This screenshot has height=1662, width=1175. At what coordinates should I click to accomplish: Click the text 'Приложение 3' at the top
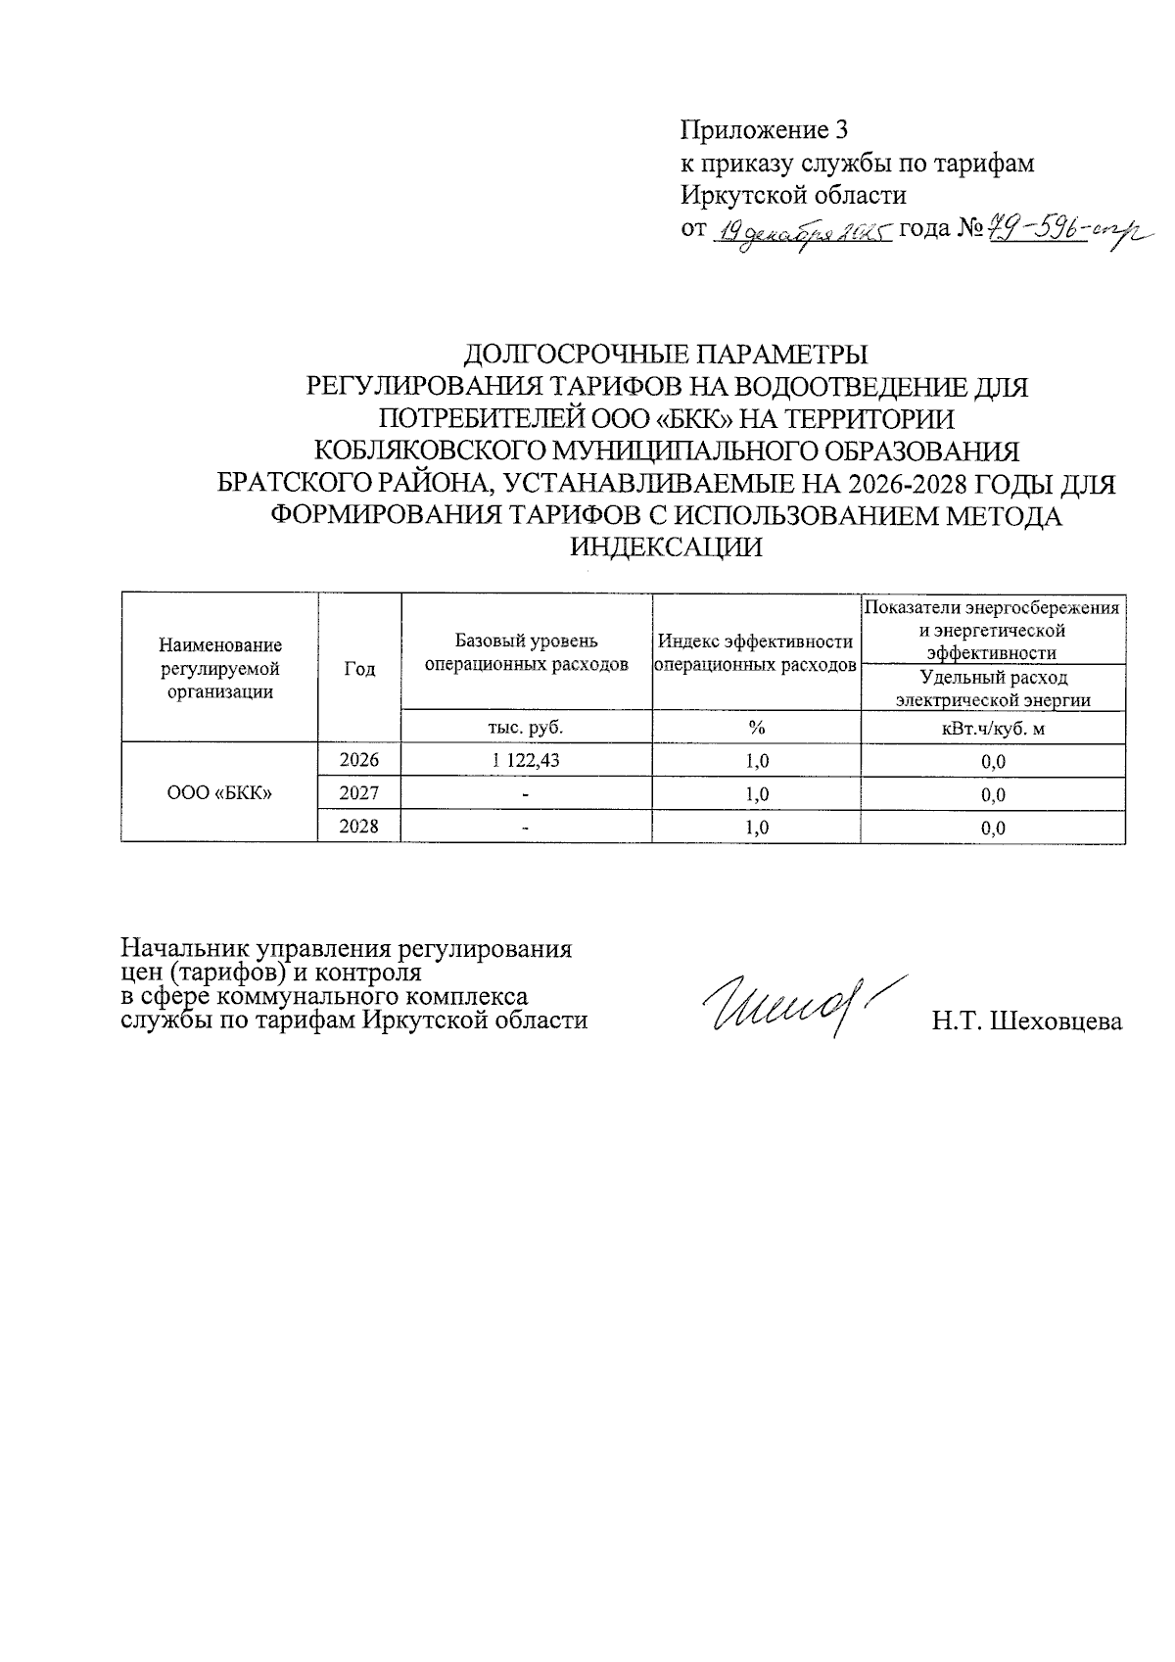[763, 129]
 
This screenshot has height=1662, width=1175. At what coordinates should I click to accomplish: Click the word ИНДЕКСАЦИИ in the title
[666, 547]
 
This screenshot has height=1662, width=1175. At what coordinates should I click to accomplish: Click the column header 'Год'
[359, 669]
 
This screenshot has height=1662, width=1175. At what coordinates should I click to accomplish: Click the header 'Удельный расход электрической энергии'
[994, 689]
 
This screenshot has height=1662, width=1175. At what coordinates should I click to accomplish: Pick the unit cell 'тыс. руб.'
[526, 727]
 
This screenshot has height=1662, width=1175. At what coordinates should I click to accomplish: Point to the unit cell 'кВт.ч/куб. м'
[994, 728]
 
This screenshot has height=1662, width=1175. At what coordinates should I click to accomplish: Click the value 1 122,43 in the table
[526, 760]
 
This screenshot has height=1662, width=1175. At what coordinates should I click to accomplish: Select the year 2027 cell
[358, 793]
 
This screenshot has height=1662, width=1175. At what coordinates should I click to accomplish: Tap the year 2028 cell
[358, 827]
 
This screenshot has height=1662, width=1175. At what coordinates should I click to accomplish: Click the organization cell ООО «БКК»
[219, 793]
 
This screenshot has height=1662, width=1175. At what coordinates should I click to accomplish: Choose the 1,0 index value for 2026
[756, 761]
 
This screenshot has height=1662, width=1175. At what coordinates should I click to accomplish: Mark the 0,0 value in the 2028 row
[993, 829]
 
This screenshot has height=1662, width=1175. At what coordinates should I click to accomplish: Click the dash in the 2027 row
[526, 794]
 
